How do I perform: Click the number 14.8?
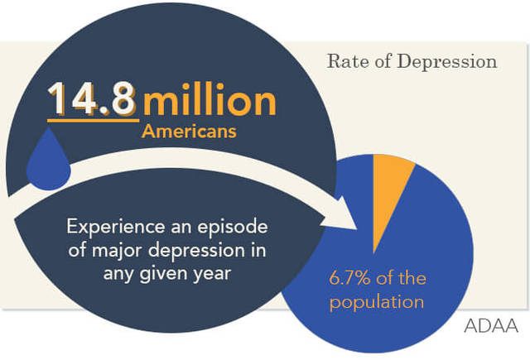pos(92,99)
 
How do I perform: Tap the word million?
pos(209,100)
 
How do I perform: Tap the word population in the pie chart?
pos(377,301)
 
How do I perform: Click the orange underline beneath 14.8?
pos(92,119)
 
